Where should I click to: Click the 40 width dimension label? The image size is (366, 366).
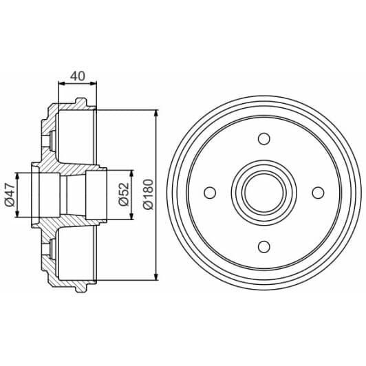click(77, 76)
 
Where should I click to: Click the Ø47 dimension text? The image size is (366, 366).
click(10, 195)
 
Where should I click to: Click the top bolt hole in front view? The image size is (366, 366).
click(263, 139)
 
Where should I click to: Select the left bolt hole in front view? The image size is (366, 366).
click(210, 193)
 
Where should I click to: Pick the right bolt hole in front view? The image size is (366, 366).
click(317, 193)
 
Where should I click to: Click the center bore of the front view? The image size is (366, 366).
click(263, 193)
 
